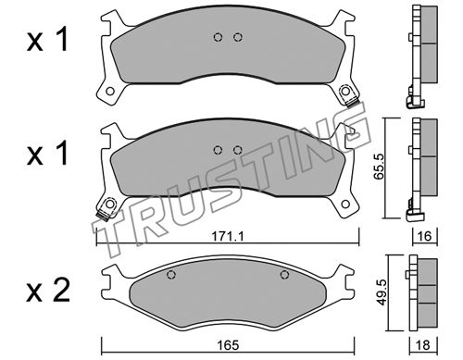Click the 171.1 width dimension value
(x=228, y=237)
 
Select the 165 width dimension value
(x=229, y=345)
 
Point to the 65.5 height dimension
(x=378, y=167)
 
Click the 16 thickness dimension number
(x=425, y=236)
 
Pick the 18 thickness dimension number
(x=423, y=345)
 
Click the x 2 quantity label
(x=48, y=291)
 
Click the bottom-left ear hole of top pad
(x=109, y=92)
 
